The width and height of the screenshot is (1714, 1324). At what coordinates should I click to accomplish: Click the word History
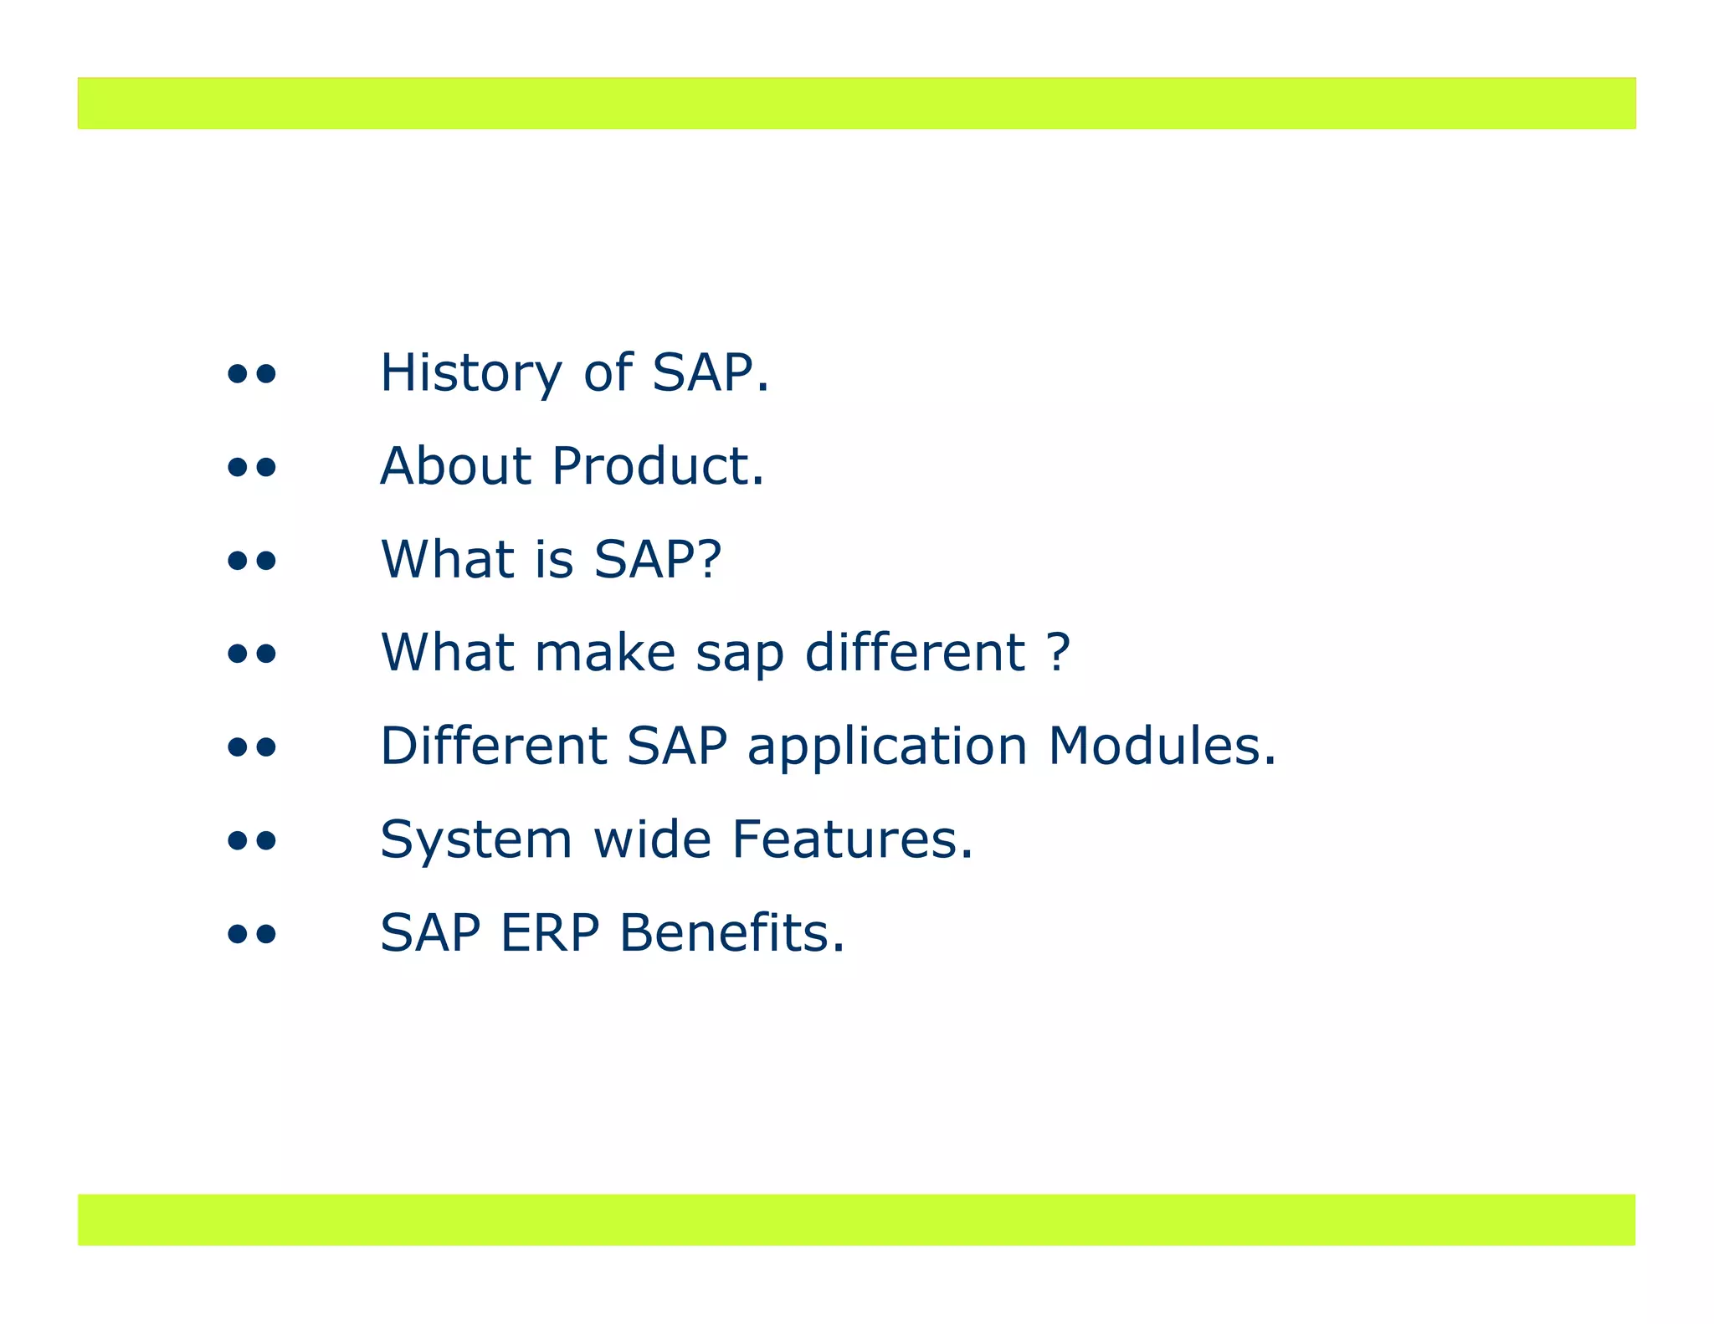pyautogui.click(x=470, y=373)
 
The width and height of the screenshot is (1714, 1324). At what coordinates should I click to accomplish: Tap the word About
pyautogui.click(x=455, y=466)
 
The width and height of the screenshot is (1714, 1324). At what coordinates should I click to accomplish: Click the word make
pyautogui.click(x=604, y=653)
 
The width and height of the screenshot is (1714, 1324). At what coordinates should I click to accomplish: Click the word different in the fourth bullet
pyautogui.click(x=914, y=653)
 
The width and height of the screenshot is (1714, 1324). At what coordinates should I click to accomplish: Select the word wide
pyautogui.click(x=652, y=839)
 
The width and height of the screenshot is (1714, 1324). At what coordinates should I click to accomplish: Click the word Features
pyautogui.click(x=851, y=839)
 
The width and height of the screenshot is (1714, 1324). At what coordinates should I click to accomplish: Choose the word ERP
pyautogui.click(x=550, y=933)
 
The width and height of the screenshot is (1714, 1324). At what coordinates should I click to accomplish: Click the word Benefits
pyautogui.click(x=731, y=933)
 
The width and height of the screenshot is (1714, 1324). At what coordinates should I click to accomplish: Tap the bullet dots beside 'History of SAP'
pyautogui.click(x=252, y=374)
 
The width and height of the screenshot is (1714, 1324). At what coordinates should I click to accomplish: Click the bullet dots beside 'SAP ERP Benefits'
pyautogui.click(x=252, y=934)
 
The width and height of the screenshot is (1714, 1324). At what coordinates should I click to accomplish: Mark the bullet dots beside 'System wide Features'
pyautogui.click(x=252, y=840)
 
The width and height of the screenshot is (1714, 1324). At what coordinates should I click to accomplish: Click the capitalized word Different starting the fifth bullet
pyautogui.click(x=493, y=746)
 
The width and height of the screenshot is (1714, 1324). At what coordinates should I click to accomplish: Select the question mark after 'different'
pyautogui.click(x=1058, y=653)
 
